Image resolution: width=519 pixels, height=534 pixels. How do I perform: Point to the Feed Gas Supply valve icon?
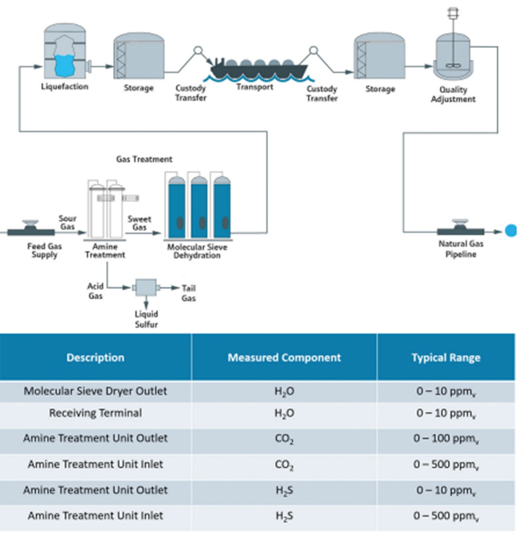point(31,229)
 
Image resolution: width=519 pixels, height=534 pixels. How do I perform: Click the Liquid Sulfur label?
point(146,319)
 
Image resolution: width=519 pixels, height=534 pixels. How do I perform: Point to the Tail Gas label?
point(188,293)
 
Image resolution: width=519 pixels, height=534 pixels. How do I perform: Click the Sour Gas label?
point(67,222)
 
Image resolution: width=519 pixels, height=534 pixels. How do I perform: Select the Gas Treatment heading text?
point(144,159)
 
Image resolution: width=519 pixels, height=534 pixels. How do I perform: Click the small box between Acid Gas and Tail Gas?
point(146,287)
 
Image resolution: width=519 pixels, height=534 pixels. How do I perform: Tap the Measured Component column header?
point(284,357)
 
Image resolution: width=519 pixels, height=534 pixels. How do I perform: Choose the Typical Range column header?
point(446,357)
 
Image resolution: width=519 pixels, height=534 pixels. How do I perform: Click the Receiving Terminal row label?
point(95,413)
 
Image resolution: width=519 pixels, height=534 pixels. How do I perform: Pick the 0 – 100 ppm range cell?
point(446,438)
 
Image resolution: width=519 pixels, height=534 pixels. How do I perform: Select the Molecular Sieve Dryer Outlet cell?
point(95,391)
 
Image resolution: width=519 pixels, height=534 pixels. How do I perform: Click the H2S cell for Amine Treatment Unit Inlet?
point(284,516)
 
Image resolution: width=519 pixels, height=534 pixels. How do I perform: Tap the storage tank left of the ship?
point(139,57)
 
